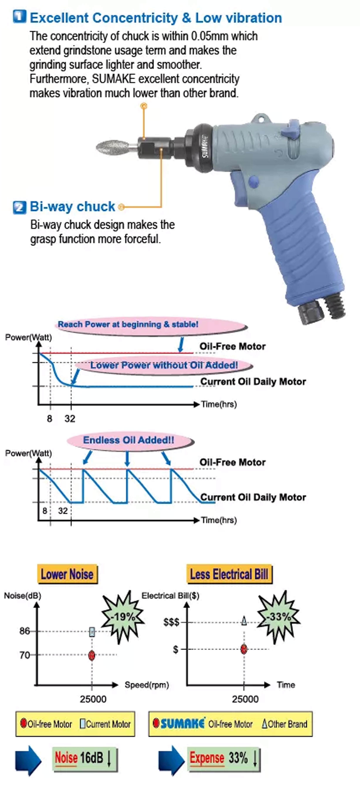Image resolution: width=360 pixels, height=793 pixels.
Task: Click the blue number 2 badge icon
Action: [x=19, y=207]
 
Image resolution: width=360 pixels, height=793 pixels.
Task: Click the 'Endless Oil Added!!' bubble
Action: [x=129, y=440]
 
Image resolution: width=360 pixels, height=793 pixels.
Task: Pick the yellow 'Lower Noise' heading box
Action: [x=67, y=574]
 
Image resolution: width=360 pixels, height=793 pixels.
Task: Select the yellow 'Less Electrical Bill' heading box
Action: [x=229, y=574]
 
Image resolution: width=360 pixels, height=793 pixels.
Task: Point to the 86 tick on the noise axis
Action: [x=25, y=631]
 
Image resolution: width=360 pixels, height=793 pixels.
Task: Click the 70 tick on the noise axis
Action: [x=25, y=655]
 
